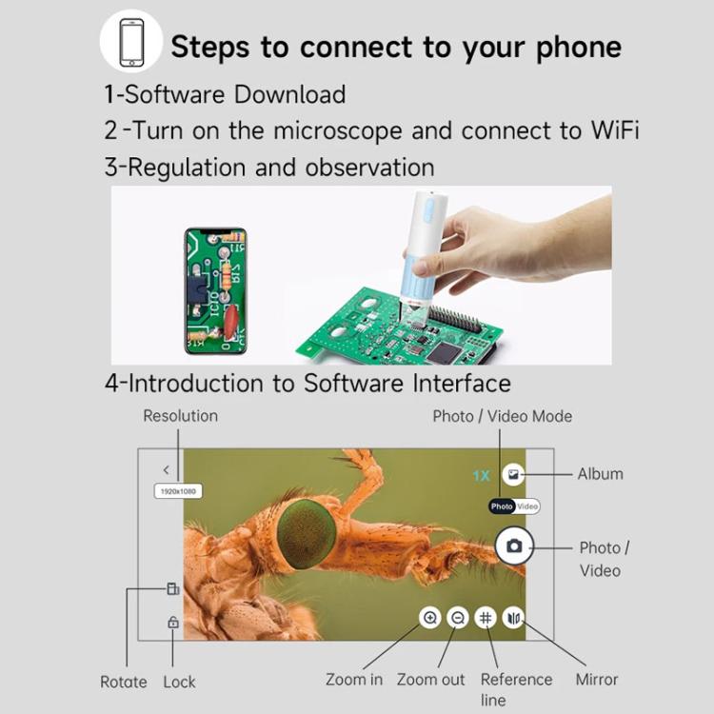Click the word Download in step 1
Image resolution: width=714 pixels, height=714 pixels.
tap(290, 94)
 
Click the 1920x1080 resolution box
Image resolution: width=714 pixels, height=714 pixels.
tap(178, 490)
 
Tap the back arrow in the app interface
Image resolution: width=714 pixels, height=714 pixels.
tap(167, 469)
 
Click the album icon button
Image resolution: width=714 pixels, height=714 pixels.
tap(514, 473)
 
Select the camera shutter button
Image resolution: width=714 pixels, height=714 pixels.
tap(514, 545)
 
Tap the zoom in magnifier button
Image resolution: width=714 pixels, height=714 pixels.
tap(430, 618)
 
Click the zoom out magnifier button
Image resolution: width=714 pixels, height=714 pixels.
tap(458, 618)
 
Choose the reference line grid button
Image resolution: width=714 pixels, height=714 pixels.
tap(486, 618)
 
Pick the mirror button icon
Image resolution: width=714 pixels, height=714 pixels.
tap(514, 618)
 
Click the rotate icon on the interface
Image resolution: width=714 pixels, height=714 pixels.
tap(172, 588)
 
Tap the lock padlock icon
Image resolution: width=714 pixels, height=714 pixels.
tap(172, 622)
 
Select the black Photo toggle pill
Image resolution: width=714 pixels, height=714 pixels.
tap(502, 506)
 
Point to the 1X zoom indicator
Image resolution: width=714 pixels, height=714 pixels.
tap(482, 474)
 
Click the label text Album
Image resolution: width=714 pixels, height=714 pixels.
tap(601, 473)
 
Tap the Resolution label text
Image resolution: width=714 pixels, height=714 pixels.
tap(180, 416)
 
